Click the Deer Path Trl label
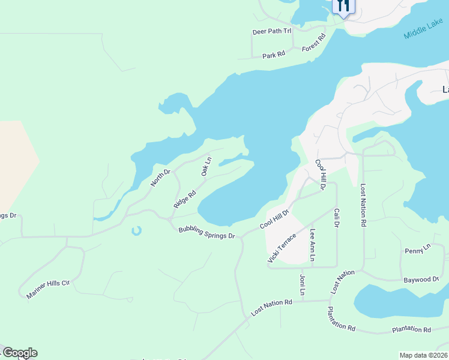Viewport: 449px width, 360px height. coord(271,31)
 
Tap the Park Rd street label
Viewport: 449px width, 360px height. coord(273,55)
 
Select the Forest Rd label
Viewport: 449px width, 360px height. coord(313,42)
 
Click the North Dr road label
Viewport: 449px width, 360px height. coord(161,178)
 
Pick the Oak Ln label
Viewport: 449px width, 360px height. coord(206,167)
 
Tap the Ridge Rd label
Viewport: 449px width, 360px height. coord(185,199)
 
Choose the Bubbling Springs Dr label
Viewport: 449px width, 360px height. coord(206,232)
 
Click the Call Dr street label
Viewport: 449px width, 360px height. coord(337,218)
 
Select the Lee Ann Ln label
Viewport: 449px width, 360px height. coord(312,245)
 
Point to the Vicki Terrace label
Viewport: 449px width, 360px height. coord(282,248)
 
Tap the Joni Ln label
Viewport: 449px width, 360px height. coord(303,285)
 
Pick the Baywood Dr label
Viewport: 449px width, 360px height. coord(421,280)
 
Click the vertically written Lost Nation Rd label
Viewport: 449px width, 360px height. coord(363,205)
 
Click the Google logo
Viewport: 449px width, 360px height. coord(20,353)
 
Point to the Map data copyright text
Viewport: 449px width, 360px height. coord(423,355)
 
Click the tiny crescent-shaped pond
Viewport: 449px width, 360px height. coord(136,230)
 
